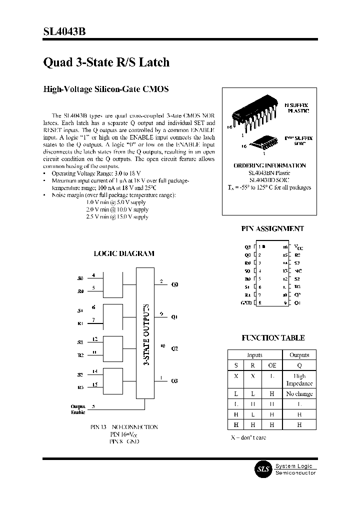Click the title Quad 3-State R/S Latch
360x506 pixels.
[106, 62]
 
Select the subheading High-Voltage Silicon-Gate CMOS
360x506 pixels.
[106, 89]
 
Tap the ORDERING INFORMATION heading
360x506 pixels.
[269, 165]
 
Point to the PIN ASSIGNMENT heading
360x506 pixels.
[272, 228]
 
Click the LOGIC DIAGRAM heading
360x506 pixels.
[124, 253]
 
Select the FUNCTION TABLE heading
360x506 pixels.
[273, 338]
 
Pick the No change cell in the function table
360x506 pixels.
[299, 394]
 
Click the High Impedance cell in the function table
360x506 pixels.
[299, 379]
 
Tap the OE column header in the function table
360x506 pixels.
[272, 365]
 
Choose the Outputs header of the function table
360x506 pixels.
[299, 354]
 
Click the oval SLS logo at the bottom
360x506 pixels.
[263, 469]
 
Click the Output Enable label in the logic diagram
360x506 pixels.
[77, 409]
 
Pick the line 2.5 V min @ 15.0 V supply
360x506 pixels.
[117, 216]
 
